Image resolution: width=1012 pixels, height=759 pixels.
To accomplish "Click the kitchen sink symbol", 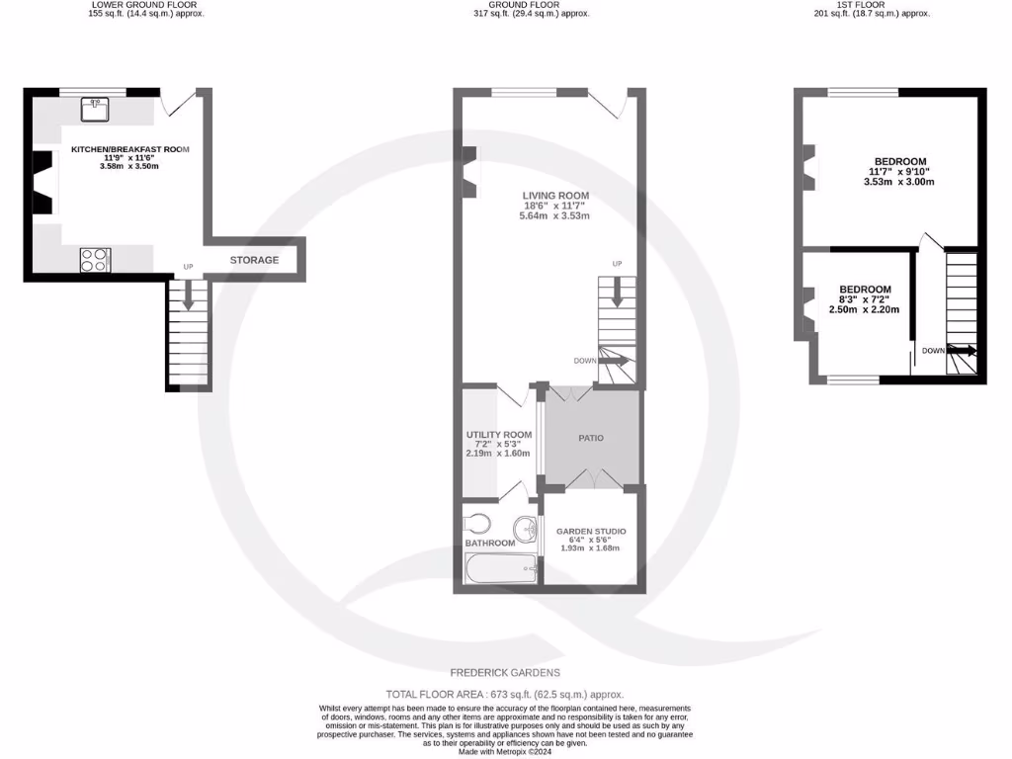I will [97, 107].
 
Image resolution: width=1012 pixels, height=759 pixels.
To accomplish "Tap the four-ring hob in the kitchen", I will [94, 260].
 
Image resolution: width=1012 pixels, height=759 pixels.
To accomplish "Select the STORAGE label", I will [254, 260].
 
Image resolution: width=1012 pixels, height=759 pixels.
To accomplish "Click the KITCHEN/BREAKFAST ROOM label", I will [129, 149].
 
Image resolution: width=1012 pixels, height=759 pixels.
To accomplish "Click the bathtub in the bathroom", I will [501, 568].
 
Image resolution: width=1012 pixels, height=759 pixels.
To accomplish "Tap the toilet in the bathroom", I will [476, 522].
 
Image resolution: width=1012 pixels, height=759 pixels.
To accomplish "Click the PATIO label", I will [590, 438].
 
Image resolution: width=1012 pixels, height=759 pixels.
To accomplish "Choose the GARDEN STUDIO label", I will [590, 532].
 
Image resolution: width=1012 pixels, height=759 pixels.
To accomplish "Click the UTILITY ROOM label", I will [498, 434].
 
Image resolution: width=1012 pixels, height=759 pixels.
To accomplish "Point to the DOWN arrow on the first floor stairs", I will [964, 350].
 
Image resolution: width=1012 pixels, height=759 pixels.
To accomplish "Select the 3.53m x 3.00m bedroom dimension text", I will [899, 182].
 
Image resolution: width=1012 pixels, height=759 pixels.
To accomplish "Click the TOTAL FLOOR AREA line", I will [505, 695].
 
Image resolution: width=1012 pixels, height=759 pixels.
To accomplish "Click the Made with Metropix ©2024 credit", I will [505, 752].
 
